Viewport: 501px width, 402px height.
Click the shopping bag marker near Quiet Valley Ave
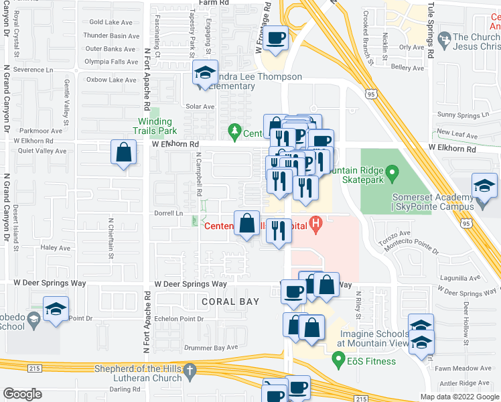pos(124,151)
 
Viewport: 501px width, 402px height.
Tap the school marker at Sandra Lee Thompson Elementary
pos(205,74)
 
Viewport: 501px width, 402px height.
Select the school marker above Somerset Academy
pos(484,185)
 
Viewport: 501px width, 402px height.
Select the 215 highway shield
pos(33,368)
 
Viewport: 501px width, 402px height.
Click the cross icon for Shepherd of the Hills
pos(190,370)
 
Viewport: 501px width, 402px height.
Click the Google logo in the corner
pos(22,394)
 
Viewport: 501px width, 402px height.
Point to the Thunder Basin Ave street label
pos(111,36)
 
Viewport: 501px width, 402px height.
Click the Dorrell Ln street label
pos(169,213)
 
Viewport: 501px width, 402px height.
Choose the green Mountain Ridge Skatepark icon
pos(395,176)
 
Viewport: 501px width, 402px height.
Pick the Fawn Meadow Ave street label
pos(473,368)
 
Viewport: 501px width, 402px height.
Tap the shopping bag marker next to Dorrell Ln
pos(247,222)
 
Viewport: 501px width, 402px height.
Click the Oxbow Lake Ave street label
pos(111,80)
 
